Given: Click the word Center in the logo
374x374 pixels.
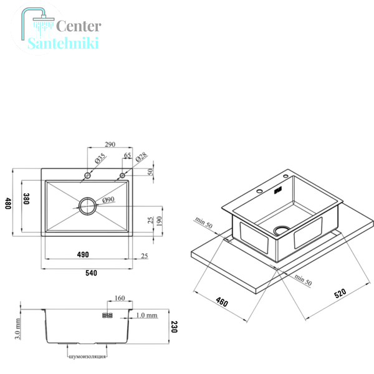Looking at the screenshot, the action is pos(79,26).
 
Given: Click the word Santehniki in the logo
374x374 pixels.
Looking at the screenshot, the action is pos(63,43).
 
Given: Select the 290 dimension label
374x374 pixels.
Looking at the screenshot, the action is pos(110,145).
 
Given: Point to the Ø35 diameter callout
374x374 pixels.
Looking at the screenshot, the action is pos(100,158).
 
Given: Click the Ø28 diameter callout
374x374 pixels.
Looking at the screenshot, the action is pos(141,157).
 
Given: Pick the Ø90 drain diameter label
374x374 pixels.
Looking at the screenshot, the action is pos(108,199).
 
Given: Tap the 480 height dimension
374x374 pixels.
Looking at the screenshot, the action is pos(8,203).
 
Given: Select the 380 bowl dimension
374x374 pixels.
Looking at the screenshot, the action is pos(26,199).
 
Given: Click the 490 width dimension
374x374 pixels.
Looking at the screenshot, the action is pos(83,254).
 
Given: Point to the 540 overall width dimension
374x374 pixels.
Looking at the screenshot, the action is pos(92,273).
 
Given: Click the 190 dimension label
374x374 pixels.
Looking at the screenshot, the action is pos(160,221).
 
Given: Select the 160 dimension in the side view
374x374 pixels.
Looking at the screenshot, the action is pos(120,298).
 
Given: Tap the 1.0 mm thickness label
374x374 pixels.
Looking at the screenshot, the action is pos(146,315).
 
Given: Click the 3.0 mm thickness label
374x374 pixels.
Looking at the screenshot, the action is pos(17,328).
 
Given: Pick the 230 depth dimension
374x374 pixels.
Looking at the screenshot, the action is pos(175,327).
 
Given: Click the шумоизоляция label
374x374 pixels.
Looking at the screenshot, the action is pos(87,357).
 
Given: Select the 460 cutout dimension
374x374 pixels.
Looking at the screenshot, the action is pos(222,302).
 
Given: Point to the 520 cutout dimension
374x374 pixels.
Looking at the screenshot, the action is pos(340,294).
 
